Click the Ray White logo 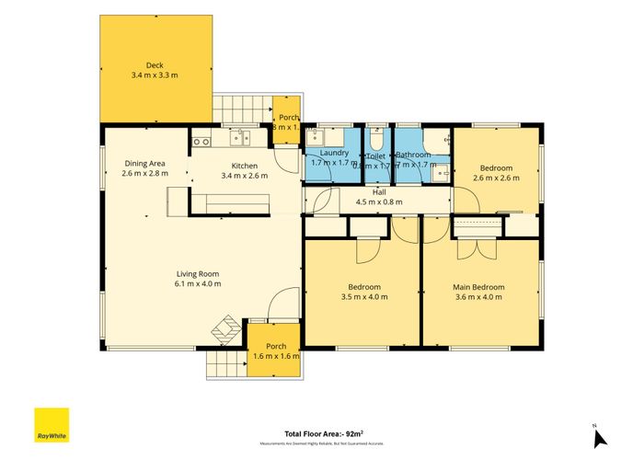51,424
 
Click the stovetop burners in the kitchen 201,141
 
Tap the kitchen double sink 241,139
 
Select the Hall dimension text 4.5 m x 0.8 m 378,202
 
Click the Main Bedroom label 478,287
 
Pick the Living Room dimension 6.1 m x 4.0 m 199,283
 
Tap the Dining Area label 144,163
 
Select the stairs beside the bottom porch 224,364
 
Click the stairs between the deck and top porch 242,109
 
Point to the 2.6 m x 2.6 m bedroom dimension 495,178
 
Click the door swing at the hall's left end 316,200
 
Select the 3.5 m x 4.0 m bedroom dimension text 363,296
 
